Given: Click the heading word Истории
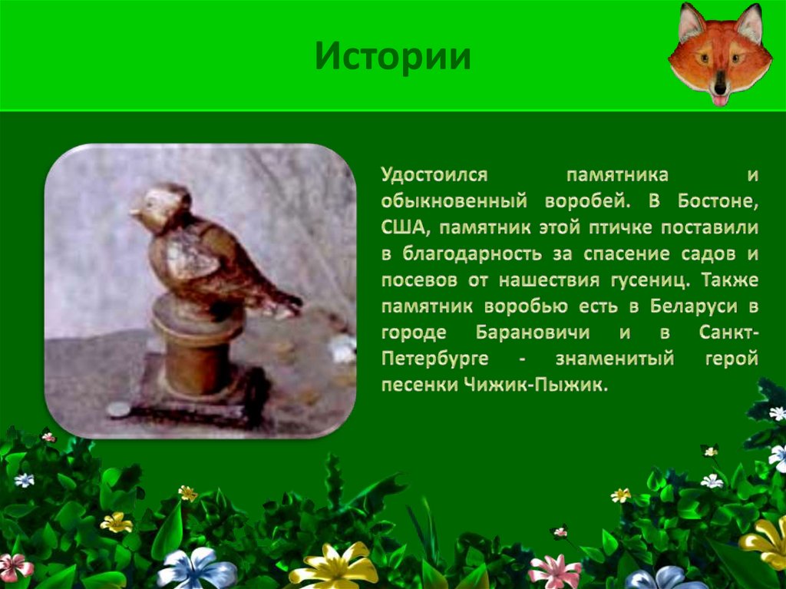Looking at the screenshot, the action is click(x=393, y=57).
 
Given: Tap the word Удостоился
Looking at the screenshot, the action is click(x=434, y=175).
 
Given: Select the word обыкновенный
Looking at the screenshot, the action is click(x=454, y=201).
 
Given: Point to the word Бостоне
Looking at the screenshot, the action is click(x=718, y=201).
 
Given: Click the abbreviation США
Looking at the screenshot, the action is click(x=403, y=227).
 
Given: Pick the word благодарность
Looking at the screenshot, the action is click(x=472, y=254).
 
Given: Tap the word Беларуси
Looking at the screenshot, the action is click(x=694, y=306).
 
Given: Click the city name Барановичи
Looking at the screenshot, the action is click(x=533, y=332).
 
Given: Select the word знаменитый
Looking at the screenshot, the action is click(x=615, y=359).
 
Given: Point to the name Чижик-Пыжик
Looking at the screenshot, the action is click(x=536, y=385).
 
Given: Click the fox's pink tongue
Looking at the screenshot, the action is click(x=720, y=101).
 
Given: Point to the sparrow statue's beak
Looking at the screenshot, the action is click(x=134, y=212).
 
